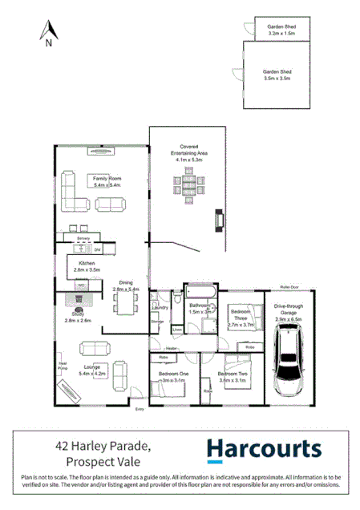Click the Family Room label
(106, 181)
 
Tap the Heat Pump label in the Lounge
(62, 366)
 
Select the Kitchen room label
(87, 267)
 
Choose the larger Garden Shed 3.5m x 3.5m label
(277, 75)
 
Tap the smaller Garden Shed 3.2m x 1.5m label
(282, 30)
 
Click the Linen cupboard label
(177, 330)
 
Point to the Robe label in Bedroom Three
(250, 347)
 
